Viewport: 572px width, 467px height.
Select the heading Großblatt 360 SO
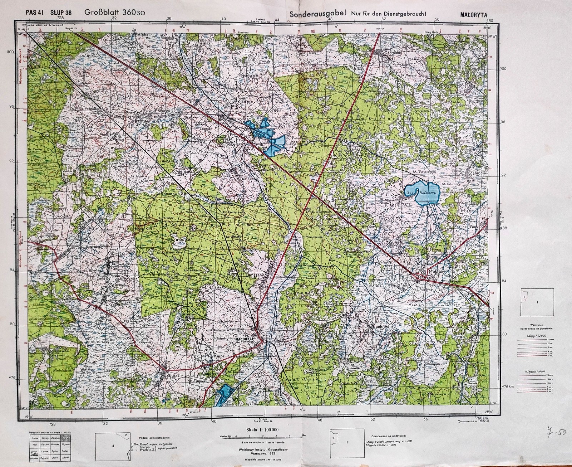pos(115,12)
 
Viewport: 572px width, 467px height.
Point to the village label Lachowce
pos(383,327)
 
